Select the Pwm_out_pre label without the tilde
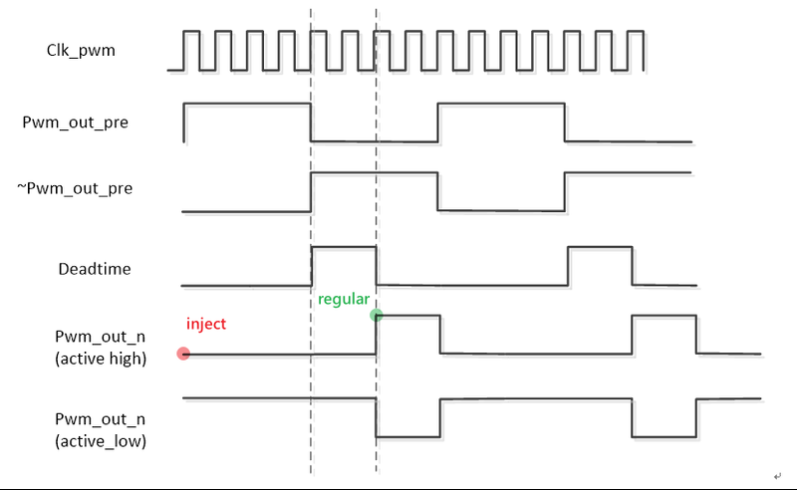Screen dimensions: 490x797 (x=75, y=122)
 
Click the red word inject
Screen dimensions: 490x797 (x=206, y=324)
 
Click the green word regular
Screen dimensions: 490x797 (x=344, y=299)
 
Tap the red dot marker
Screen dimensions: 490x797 (x=182, y=354)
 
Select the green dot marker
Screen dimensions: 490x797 (x=376, y=316)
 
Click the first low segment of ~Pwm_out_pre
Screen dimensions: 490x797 (x=247, y=211)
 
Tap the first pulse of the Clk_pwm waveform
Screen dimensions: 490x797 (x=191, y=50)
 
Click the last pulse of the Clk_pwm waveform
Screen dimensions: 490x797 (x=638, y=50)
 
